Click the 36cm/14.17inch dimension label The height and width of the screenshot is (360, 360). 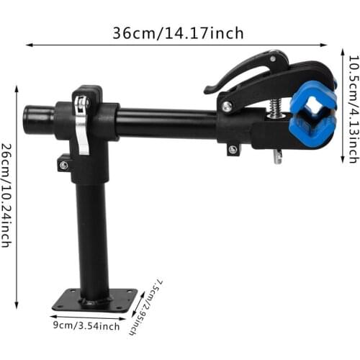tap(177, 33)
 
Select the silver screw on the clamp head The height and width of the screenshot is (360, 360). tap(228, 107)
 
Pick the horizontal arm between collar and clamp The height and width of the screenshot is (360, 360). tap(166, 124)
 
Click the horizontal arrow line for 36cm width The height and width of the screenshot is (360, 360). tap(180, 45)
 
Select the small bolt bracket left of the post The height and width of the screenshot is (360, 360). tap(64, 163)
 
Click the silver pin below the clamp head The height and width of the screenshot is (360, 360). tap(278, 156)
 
